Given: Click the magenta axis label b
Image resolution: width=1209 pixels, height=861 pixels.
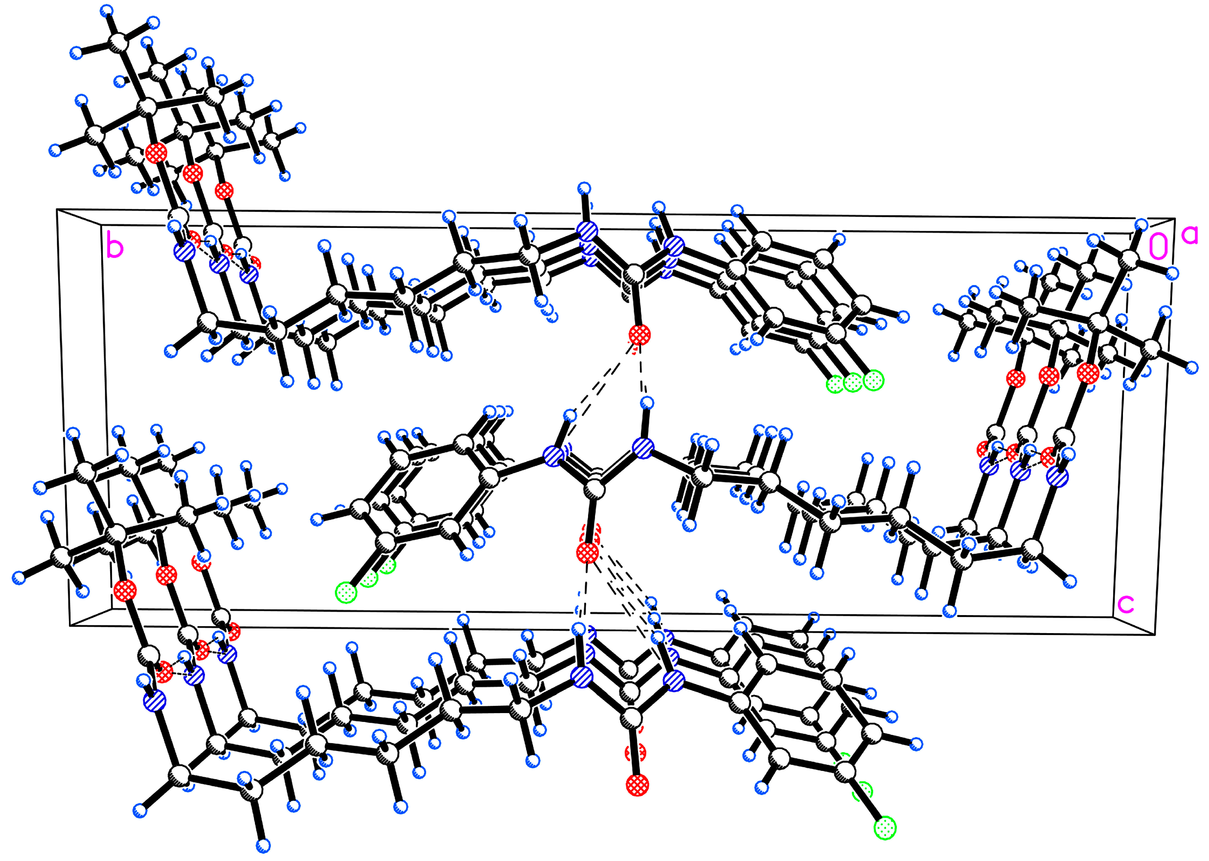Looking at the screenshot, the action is [115, 246].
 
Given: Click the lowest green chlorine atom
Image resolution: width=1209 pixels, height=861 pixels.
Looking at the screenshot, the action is [885, 827].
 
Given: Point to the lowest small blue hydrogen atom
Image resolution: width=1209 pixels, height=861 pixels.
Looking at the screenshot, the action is [263, 845].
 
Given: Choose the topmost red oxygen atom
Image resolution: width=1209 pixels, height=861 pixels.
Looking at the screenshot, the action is [156, 153].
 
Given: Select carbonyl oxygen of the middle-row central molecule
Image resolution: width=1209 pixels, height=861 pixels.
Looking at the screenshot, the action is [587, 553].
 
